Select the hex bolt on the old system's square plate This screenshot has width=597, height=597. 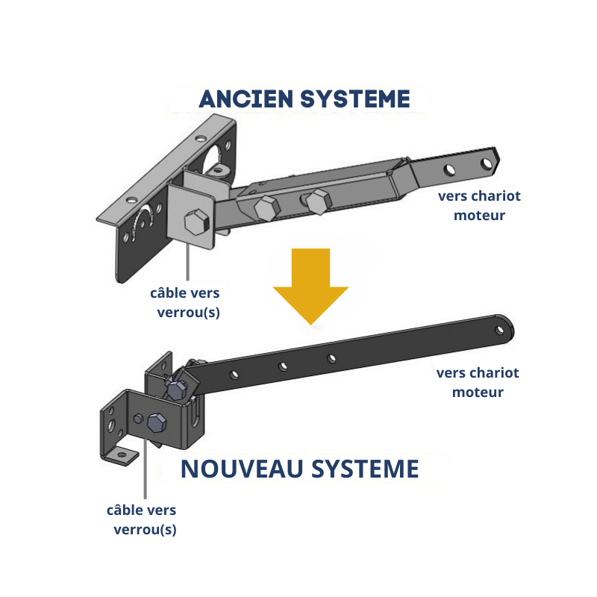pyautogui.click(x=195, y=222)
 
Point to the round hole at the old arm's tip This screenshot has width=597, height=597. pyautogui.click(x=488, y=163)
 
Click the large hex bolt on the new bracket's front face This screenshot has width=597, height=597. pyautogui.click(x=157, y=423)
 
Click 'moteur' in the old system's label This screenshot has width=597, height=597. pyautogui.click(x=480, y=216)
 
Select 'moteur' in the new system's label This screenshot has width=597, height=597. pyautogui.click(x=478, y=392)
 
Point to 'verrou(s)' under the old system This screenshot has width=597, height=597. pyautogui.click(x=188, y=312)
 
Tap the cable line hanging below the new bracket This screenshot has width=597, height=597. pyautogui.click(x=144, y=478)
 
